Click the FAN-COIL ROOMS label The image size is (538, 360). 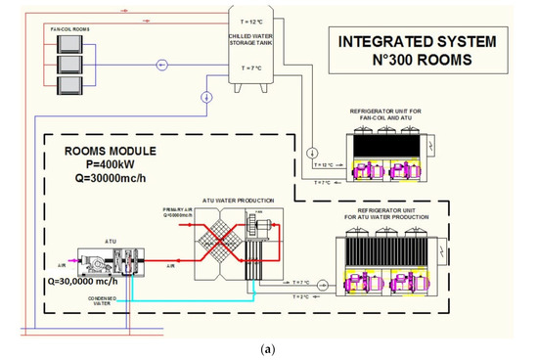tap(69, 31)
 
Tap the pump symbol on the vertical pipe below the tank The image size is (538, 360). tap(206, 97)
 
